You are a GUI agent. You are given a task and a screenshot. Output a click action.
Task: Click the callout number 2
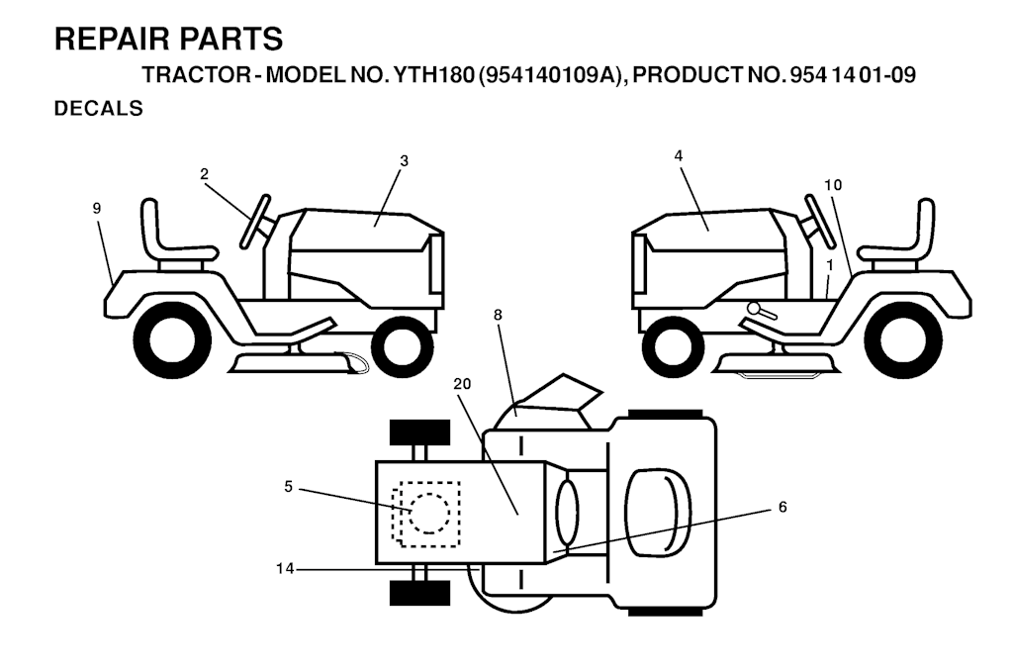click(x=204, y=174)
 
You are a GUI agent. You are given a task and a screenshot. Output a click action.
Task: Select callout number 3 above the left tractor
click(x=405, y=161)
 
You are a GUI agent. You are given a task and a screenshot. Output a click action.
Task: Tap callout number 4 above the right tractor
click(x=679, y=155)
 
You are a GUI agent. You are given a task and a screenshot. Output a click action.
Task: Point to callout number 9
click(x=97, y=208)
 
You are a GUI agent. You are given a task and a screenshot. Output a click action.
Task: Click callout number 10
click(x=833, y=185)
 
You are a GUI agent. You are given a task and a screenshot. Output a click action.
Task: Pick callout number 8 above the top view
click(x=498, y=315)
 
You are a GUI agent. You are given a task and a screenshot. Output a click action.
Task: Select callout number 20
click(x=463, y=384)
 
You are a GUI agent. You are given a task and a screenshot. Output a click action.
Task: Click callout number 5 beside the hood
click(x=288, y=487)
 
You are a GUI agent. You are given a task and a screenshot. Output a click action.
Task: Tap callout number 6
click(x=783, y=508)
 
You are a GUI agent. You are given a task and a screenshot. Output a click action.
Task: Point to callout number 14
click(x=285, y=569)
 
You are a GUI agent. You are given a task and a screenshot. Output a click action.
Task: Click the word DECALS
click(x=99, y=109)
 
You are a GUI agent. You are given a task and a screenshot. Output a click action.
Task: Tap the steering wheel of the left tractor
click(x=255, y=221)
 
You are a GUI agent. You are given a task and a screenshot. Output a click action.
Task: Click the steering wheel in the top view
click(x=566, y=513)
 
